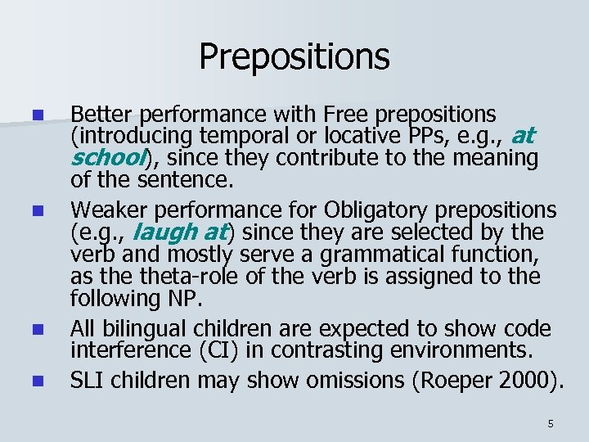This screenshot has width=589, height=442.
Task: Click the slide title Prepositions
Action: click(x=294, y=56)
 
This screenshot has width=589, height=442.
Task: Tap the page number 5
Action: click(x=551, y=423)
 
